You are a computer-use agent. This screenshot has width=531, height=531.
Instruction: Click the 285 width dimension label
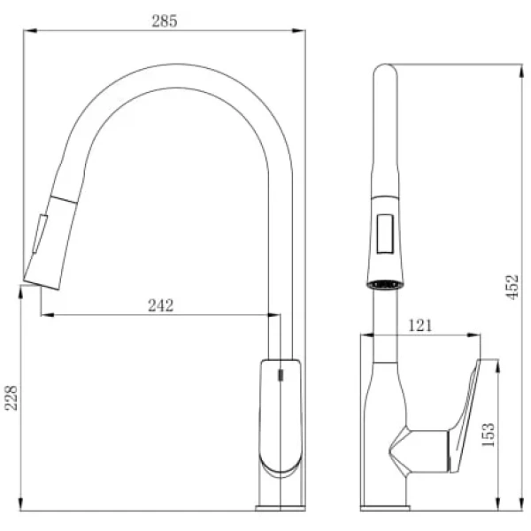165,21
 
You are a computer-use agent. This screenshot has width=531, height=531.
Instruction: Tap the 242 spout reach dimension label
161,305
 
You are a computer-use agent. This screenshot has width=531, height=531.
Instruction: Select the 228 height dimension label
12,397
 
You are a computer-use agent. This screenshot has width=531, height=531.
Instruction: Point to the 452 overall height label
512,287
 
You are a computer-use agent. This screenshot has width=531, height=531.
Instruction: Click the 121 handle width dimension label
420,326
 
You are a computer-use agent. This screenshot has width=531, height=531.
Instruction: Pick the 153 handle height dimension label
488,435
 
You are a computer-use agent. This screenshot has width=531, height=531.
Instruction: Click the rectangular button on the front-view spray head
385,234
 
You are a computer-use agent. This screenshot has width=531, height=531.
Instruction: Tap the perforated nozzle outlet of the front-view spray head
385,284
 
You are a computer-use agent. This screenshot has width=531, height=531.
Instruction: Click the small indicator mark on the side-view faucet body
281,375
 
